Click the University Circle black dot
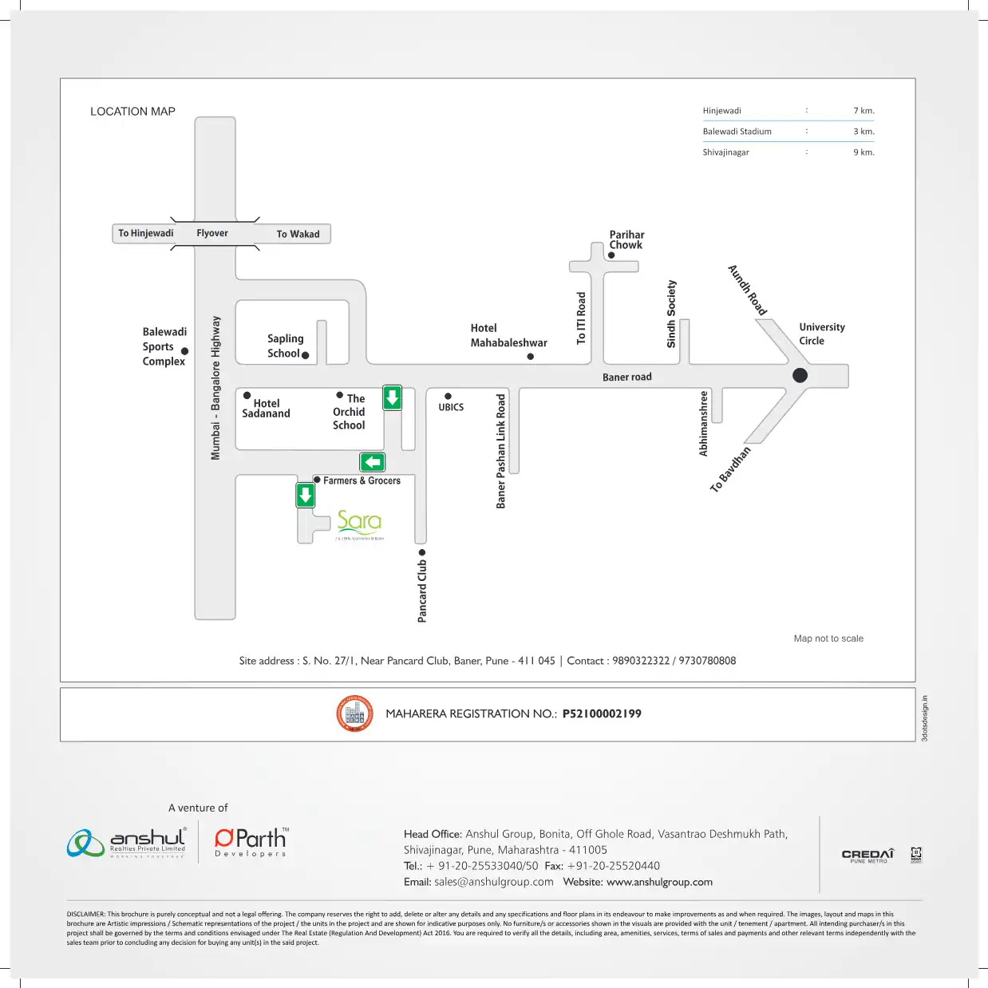pyautogui.click(x=800, y=375)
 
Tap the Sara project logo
pyautogui.click(x=359, y=523)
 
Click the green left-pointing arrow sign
pyautogui.click(x=373, y=462)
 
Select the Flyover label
pyautogui.click(x=212, y=233)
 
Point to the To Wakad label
pyautogui.click(x=298, y=234)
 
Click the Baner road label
pyautogui.click(x=626, y=377)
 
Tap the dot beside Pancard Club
pyautogui.click(x=422, y=552)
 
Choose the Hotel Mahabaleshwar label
pyautogui.click(x=508, y=335)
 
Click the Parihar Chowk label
pyautogui.click(x=626, y=239)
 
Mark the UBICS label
pyautogui.click(x=451, y=407)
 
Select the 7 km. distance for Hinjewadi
pyautogui.click(x=864, y=111)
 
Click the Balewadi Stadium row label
pyautogui.click(x=737, y=132)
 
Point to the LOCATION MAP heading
pyautogui.click(x=132, y=112)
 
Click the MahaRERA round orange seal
pyautogui.click(x=354, y=713)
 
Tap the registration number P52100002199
pyautogui.click(x=602, y=713)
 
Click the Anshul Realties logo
pyautogui.click(x=128, y=842)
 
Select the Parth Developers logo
pyautogui.click(x=251, y=842)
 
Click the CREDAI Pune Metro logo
pyautogui.click(x=868, y=856)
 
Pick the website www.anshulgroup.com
pyautogui.click(x=659, y=882)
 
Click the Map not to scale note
pyautogui.click(x=828, y=638)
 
